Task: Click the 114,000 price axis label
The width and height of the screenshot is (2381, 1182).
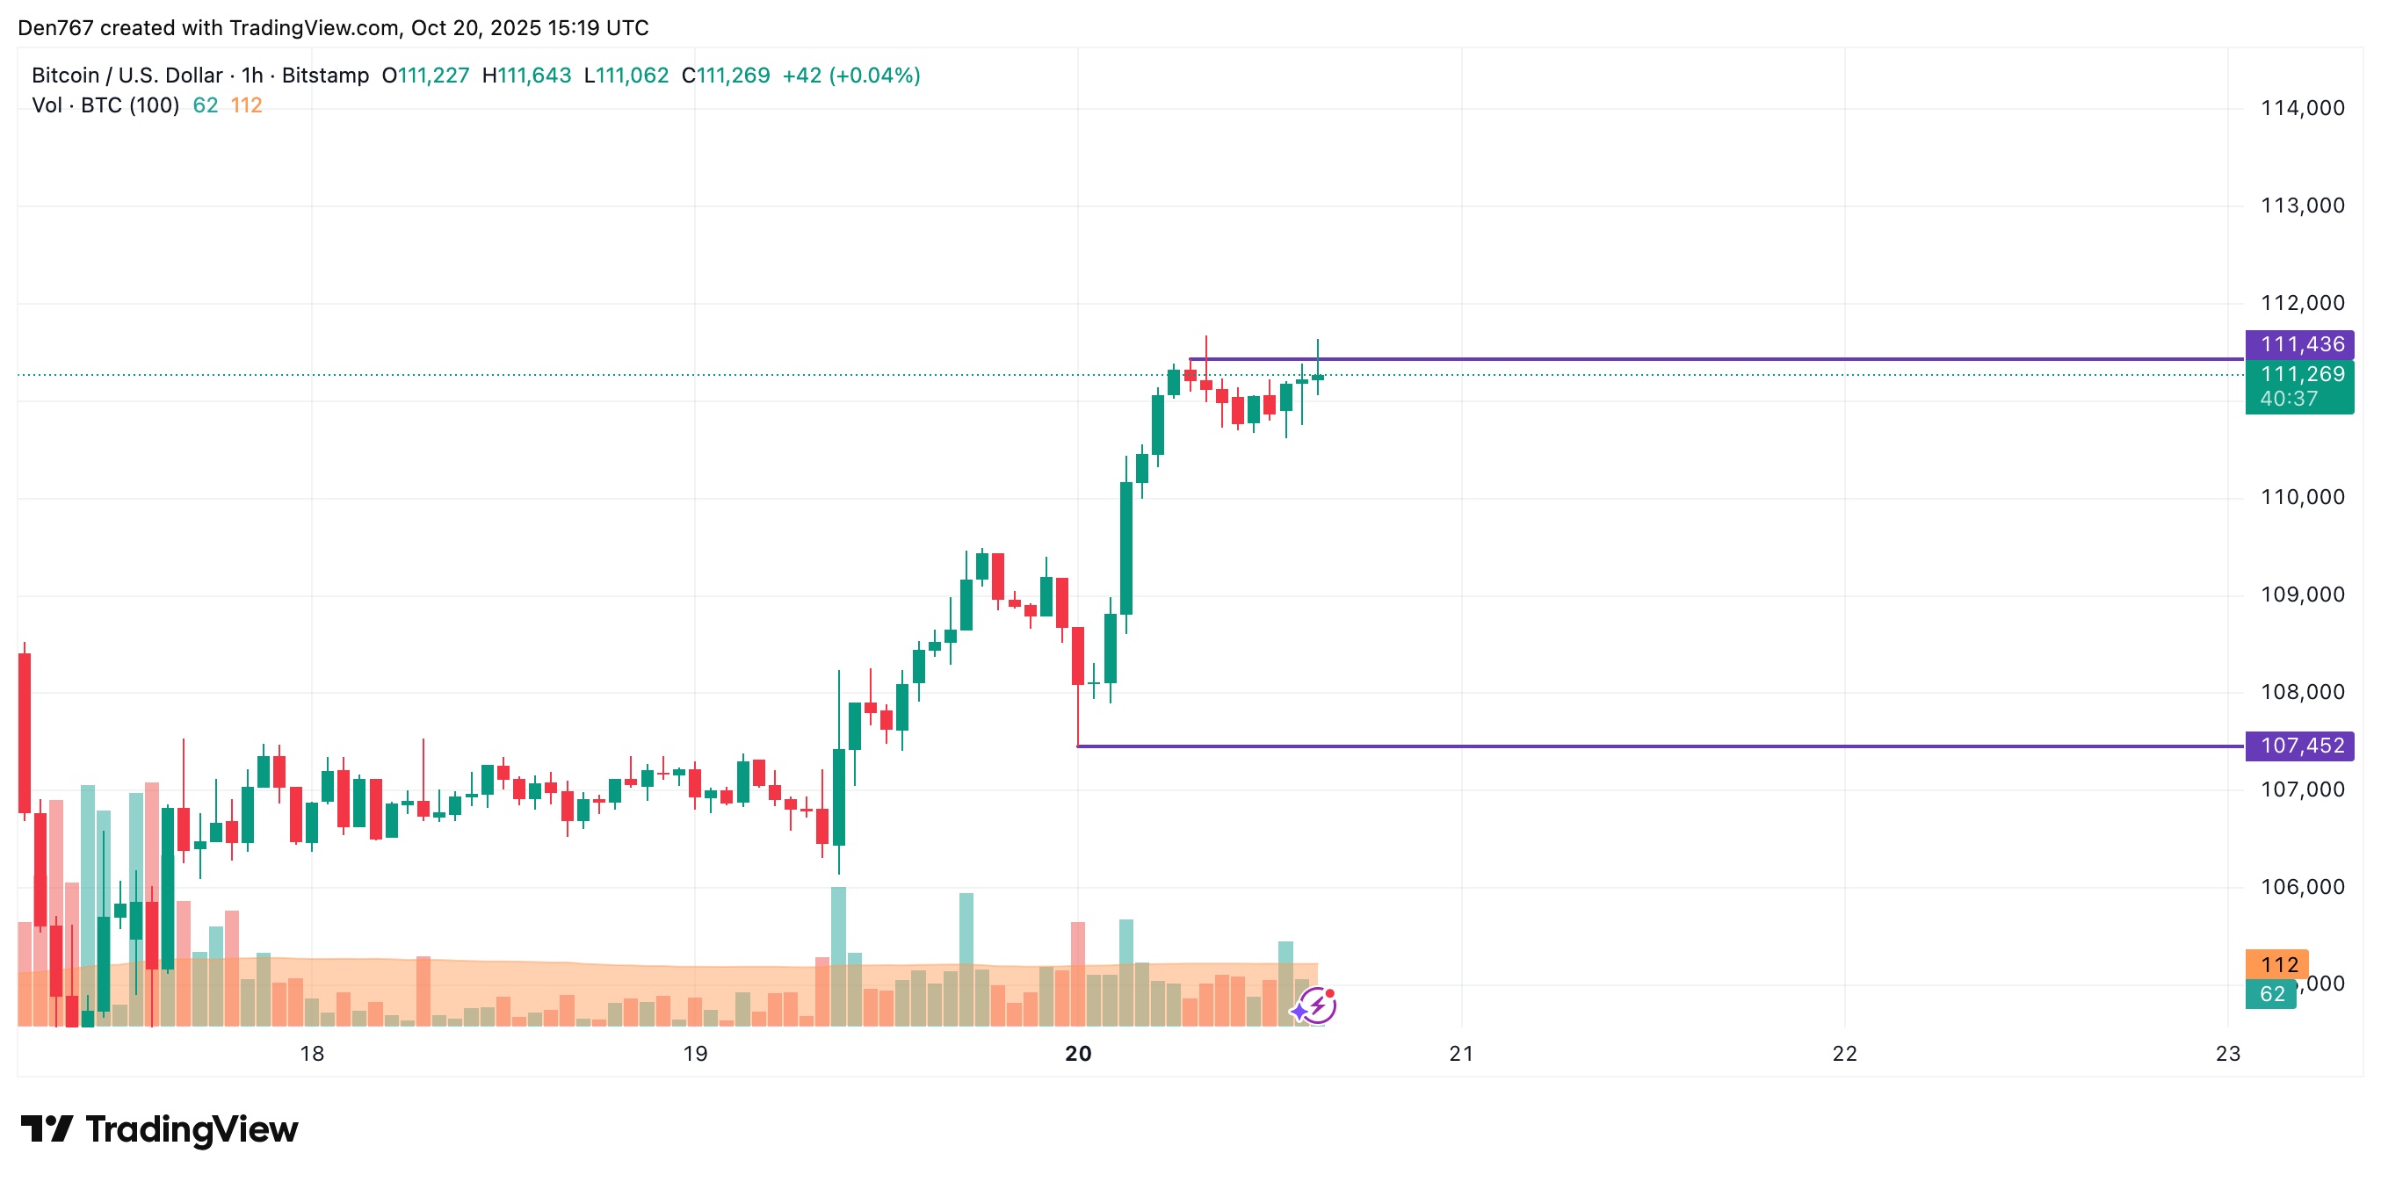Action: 2302,108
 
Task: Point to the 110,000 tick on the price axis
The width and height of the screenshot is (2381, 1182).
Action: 2302,497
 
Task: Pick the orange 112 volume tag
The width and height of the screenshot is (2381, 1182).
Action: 2278,965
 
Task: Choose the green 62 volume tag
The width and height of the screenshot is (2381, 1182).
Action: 2272,994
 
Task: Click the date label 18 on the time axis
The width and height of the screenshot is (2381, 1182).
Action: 313,1054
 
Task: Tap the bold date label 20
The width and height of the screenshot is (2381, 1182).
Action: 1078,1054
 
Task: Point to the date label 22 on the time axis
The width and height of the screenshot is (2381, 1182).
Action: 1844,1054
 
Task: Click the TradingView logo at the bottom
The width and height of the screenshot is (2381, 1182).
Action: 159,1129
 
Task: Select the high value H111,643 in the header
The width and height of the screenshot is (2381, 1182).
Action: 527,76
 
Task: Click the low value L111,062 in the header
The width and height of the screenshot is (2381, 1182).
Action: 626,76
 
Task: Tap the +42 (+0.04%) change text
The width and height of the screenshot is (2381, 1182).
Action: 851,76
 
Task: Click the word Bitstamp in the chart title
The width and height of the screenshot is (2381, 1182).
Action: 325,76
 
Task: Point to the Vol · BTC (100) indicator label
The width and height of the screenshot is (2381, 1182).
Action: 105,105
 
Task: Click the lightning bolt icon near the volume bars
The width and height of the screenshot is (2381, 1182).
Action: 1316,1005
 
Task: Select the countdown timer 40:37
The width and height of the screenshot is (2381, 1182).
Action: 2289,400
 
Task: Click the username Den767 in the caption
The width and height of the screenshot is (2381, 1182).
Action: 55,28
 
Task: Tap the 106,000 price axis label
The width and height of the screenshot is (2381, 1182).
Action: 2302,887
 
